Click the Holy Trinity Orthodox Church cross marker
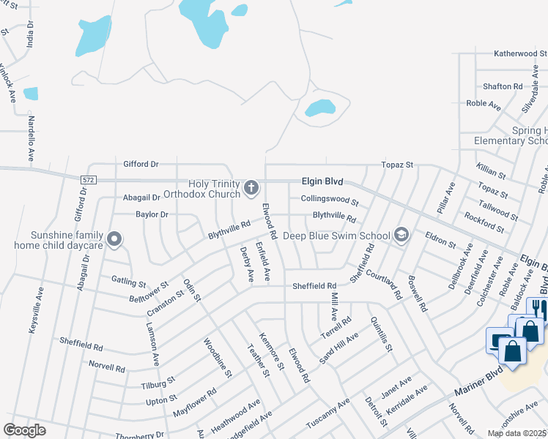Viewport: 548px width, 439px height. [251, 187]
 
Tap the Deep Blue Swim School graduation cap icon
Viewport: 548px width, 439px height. [401, 235]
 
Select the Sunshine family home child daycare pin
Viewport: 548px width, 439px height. [114, 239]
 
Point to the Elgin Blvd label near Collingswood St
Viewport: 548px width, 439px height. [322, 181]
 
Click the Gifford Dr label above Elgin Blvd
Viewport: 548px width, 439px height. [141, 164]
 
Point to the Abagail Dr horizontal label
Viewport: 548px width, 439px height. [141, 197]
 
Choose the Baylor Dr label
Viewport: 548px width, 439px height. [152, 214]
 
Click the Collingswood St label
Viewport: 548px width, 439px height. [330, 200]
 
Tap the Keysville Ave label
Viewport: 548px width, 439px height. [34, 311]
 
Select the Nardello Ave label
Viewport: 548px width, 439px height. [32, 138]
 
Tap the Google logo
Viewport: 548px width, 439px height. [24, 430]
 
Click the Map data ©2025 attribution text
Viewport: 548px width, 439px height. [516, 433]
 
